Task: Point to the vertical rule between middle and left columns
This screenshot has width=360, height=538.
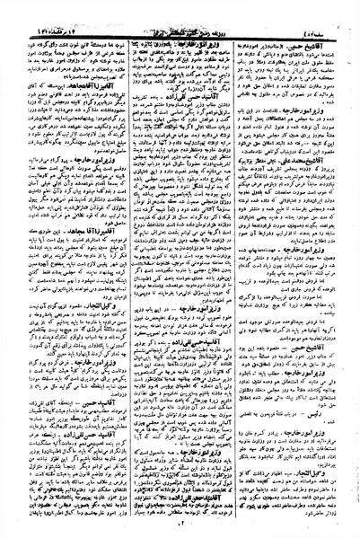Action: pyautogui.click(x=123, y=269)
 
